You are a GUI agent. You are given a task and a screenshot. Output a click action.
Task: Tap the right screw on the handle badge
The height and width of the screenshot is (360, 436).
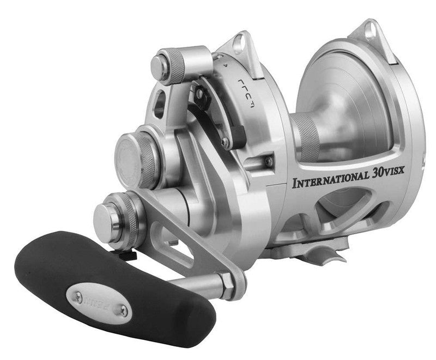pos(123,310)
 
